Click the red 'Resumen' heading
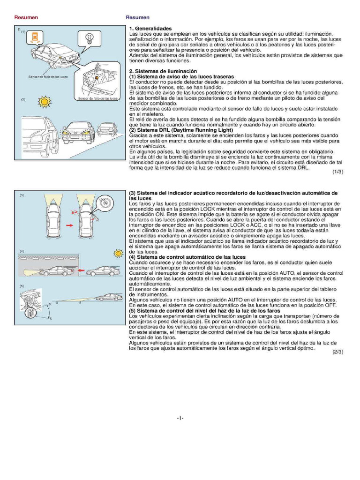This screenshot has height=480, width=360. [26, 17]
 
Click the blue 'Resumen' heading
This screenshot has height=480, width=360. [137, 17]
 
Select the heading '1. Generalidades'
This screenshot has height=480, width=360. [150, 29]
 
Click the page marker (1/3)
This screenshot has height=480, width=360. [338, 172]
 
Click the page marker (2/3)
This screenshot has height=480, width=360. [338, 352]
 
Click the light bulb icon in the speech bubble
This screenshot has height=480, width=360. [90, 37]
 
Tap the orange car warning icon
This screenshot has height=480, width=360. [35, 37]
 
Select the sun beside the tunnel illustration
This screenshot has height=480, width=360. [117, 254]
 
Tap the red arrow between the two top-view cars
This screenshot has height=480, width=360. [69, 225]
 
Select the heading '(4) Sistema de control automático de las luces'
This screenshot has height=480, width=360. [187, 257]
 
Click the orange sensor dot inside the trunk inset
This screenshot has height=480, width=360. [96, 77]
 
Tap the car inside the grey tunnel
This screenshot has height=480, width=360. [54, 271]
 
